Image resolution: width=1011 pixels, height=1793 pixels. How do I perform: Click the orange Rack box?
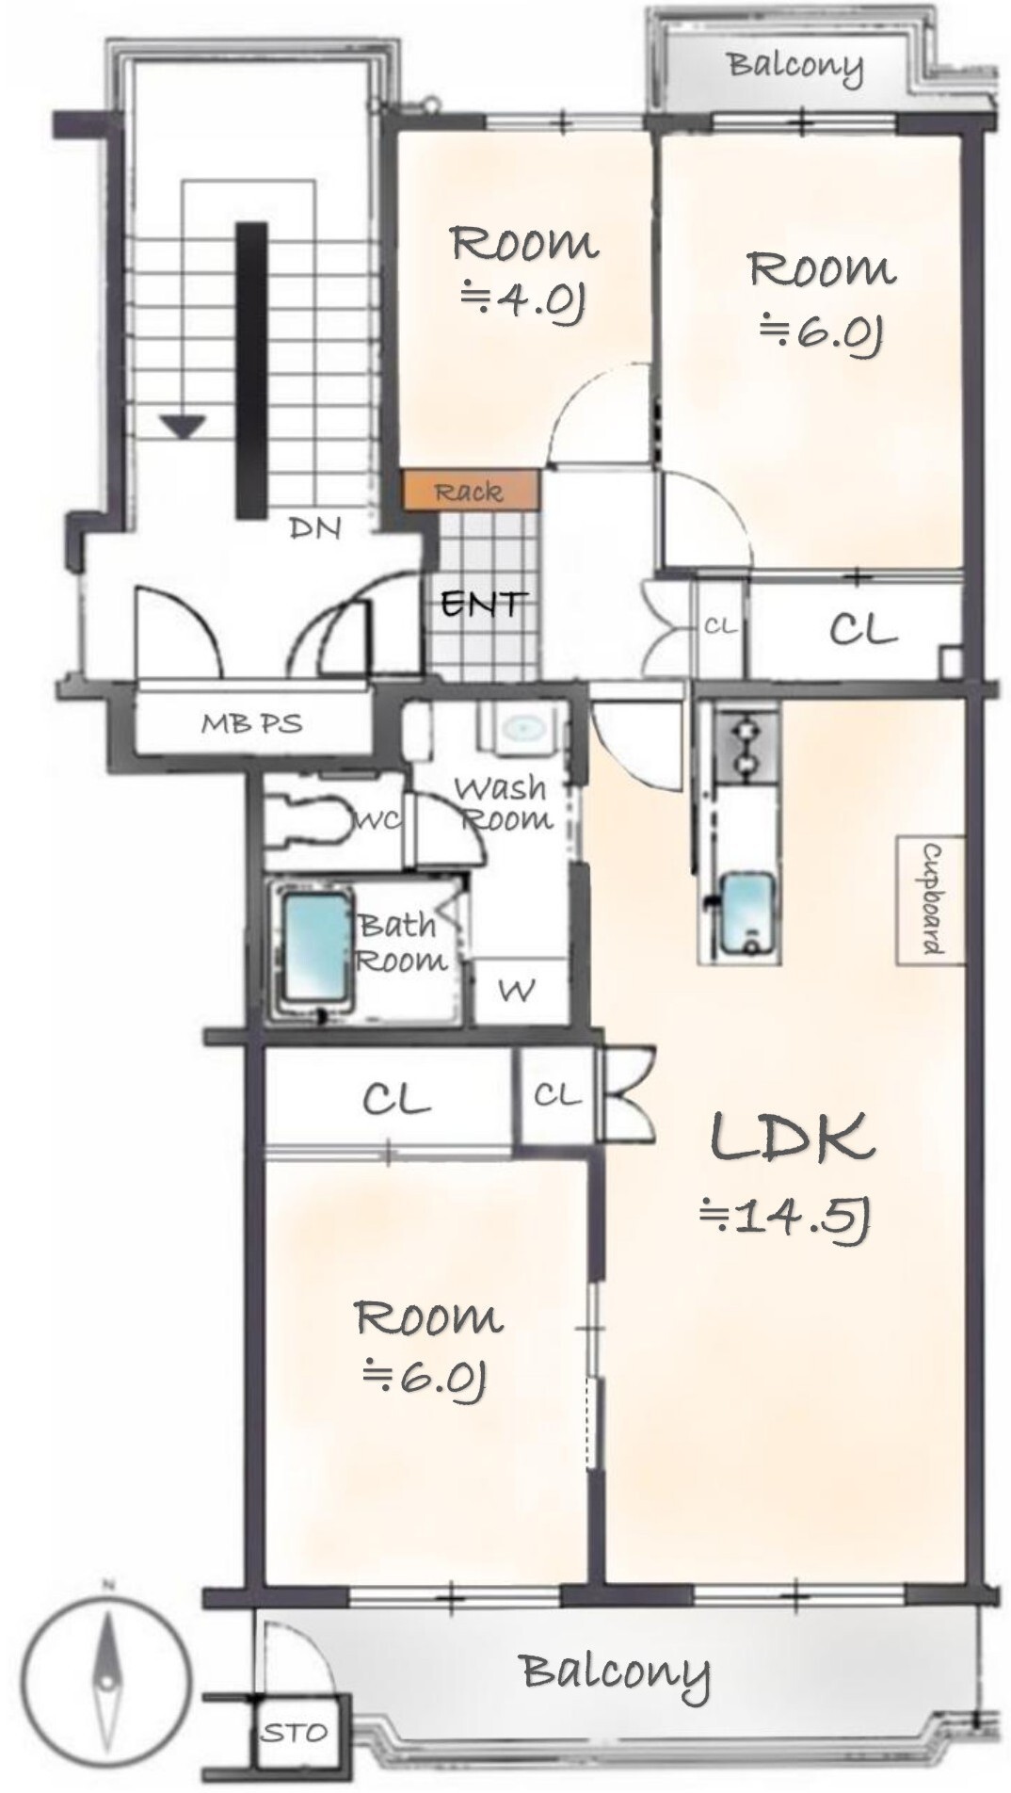tap(471, 491)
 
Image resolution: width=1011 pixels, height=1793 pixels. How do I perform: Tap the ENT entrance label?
tap(484, 603)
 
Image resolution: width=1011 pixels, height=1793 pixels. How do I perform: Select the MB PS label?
tap(251, 723)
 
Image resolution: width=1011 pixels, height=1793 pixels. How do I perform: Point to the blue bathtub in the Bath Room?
tap(317, 948)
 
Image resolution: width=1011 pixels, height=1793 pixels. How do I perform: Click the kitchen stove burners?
tap(746, 746)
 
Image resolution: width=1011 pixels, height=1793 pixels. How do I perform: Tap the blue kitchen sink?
tap(749, 913)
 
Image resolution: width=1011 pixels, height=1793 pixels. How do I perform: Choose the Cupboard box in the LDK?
tap(930, 900)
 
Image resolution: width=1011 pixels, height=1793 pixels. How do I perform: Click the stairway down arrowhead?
tap(183, 427)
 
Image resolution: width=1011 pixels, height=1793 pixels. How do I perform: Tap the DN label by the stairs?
tap(315, 528)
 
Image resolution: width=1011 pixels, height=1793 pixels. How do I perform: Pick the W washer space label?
tap(517, 990)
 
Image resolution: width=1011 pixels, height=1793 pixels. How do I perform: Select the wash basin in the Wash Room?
tap(523, 728)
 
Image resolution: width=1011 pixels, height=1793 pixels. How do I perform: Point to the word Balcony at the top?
tap(795, 66)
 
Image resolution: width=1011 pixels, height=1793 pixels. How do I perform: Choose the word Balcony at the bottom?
tap(616, 1672)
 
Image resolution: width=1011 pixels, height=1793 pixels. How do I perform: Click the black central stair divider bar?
tap(251, 370)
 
